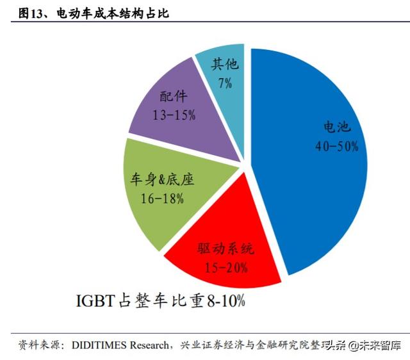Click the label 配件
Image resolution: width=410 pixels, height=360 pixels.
tap(174, 98)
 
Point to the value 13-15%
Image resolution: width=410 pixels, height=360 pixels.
tap(174, 116)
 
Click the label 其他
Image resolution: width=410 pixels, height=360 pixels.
tap(222, 65)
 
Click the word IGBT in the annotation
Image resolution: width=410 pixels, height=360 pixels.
tap(94, 300)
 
